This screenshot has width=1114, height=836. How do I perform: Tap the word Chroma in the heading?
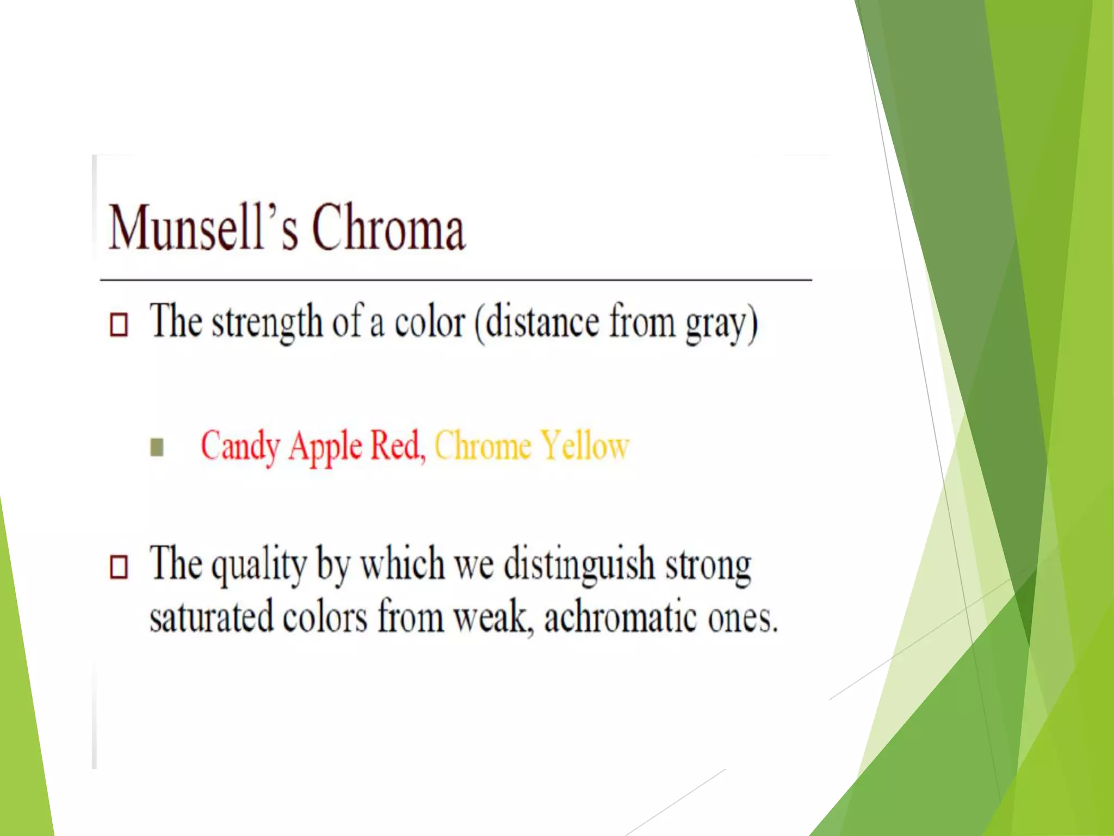388,228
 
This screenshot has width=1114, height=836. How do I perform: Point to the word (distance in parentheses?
536,322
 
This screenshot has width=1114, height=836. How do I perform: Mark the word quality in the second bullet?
259,566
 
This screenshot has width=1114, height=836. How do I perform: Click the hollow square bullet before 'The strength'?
119,324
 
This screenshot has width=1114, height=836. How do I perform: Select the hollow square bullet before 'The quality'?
119,567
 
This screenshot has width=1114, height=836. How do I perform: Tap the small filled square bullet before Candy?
157,447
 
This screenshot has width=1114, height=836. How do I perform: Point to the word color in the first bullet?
430,322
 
